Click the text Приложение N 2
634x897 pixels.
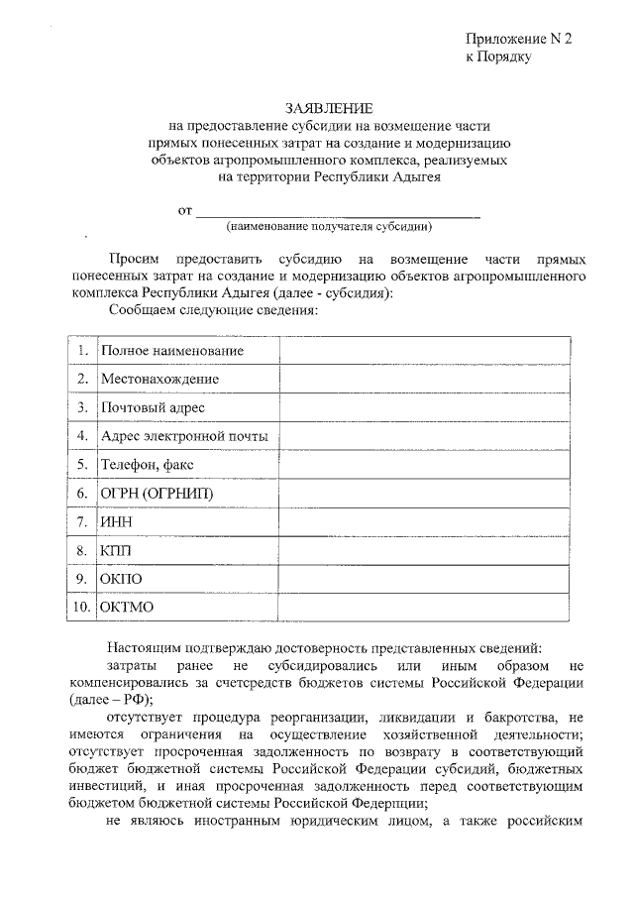(519, 39)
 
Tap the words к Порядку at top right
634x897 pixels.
(499, 57)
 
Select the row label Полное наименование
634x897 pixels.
(171, 351)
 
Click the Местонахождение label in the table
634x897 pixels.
(159, 379)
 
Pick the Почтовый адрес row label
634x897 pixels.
(153, 407)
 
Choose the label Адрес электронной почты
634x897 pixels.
(183, 436)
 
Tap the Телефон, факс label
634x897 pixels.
(148, 464)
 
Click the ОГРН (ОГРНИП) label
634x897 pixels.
(157, 493)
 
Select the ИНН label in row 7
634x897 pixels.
(116, 521)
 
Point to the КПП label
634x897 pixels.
(115, 549)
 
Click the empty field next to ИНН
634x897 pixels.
(424, 521)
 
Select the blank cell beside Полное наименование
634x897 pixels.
(424, 351)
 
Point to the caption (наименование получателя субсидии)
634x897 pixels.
(328, 226)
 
